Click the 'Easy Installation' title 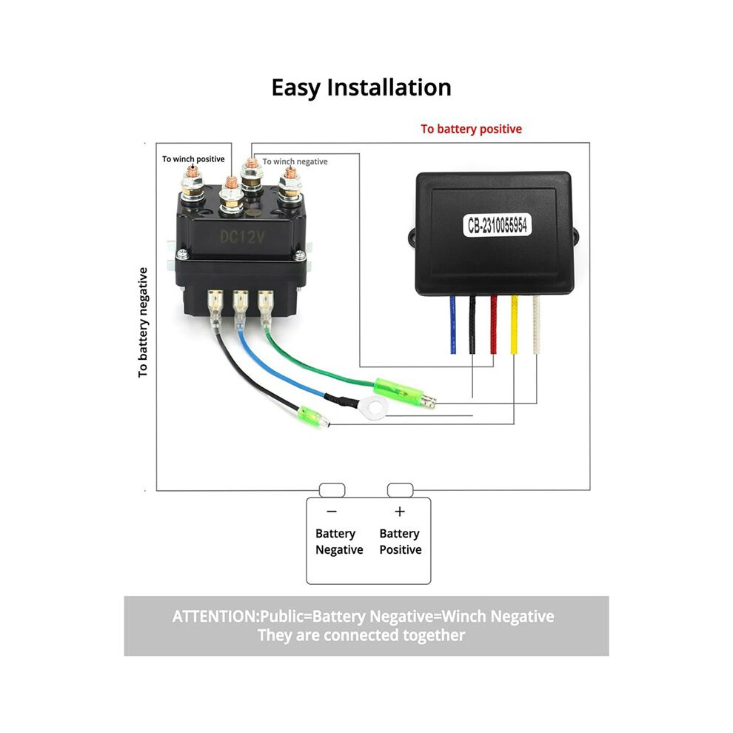click(x=361, y=88)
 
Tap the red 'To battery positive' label click(x=471, y=129)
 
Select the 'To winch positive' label click(x=193, y=159)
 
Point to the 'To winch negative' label click(x=295, y=161)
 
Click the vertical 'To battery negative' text click(x=143, y=323)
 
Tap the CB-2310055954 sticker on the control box click(x=497, y=225)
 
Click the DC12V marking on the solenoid click(x=242, y=237)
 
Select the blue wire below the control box click(x=452, y=324)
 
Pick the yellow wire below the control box click(x=515, y=324)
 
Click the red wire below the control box click(x=494, y=324)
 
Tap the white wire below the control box click(x=536, y=324)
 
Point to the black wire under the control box click(x=472, y=324)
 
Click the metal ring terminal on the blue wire click(x=372, y=408)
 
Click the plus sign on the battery click(x=400, y=512)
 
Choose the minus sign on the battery click(x=332, y=512)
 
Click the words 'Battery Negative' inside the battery click(x=339, y=542)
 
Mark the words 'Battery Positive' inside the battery click(x=400, y=542)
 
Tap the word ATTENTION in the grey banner click(x=215, y=617)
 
